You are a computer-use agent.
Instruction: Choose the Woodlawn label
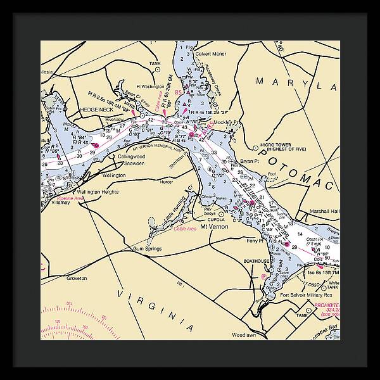(243, 334)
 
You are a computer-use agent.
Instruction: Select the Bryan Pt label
(251, 161)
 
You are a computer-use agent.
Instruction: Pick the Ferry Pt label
(255, 241)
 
